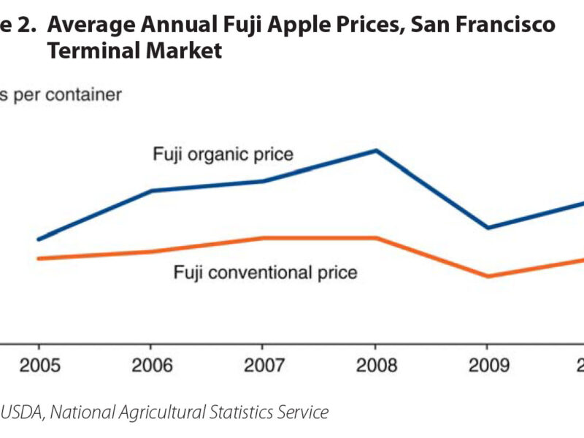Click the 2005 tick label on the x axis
[x=38, y=365]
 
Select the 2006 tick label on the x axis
[x=150, y=365]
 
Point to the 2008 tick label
[x=375, y=365]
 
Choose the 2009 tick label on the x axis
[x=488, y=365]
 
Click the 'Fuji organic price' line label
[x=223, y=155]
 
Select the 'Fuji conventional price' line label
[x=265, y=273]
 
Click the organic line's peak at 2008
[x=375, y=150]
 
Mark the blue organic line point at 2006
[x=150, y=191]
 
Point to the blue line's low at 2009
[x=488, y=228]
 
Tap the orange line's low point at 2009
[x=488, y=276]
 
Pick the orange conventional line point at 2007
[x=263, y=238]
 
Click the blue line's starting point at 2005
[x=38, y=239]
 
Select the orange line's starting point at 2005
[x=38, y=258]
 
